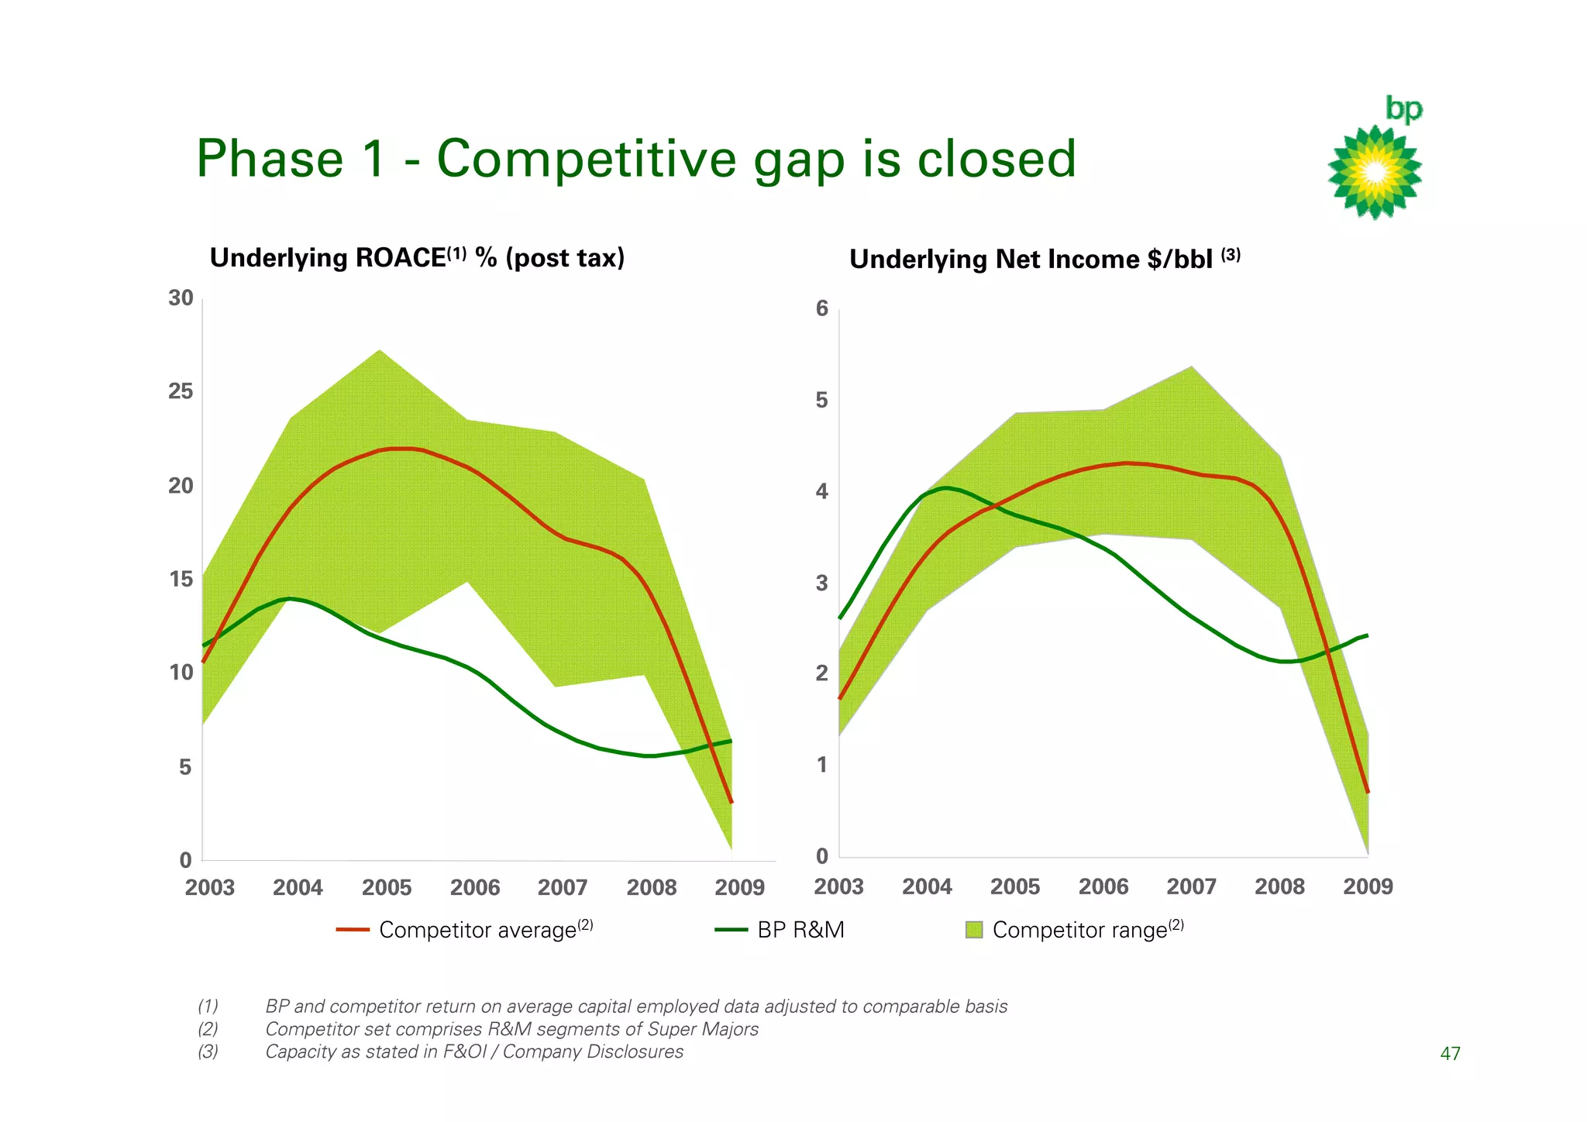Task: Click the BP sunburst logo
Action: (1375, 172)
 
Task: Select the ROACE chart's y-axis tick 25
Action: (181, 391)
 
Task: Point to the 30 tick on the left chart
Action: (181, 298)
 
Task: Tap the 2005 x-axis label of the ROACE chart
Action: (387, 887)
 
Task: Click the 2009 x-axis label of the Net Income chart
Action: (1368, 886)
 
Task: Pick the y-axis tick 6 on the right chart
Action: (822, 309)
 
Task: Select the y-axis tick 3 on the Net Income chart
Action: (822, 583)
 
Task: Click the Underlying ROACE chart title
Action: (417, 258)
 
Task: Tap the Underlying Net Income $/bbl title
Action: (1044, 259)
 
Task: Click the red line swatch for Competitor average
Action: (353, 930)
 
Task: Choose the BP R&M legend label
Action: (800, 930)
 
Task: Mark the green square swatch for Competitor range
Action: (974, 930)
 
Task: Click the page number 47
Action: (1450, 1054)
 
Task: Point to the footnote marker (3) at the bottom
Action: (208, 1052)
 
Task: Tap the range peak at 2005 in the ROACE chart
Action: (379, 350)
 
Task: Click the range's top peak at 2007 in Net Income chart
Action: (1191, 367)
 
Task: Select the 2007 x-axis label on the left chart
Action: (563, 887)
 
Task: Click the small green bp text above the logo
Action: (1403, 109)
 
